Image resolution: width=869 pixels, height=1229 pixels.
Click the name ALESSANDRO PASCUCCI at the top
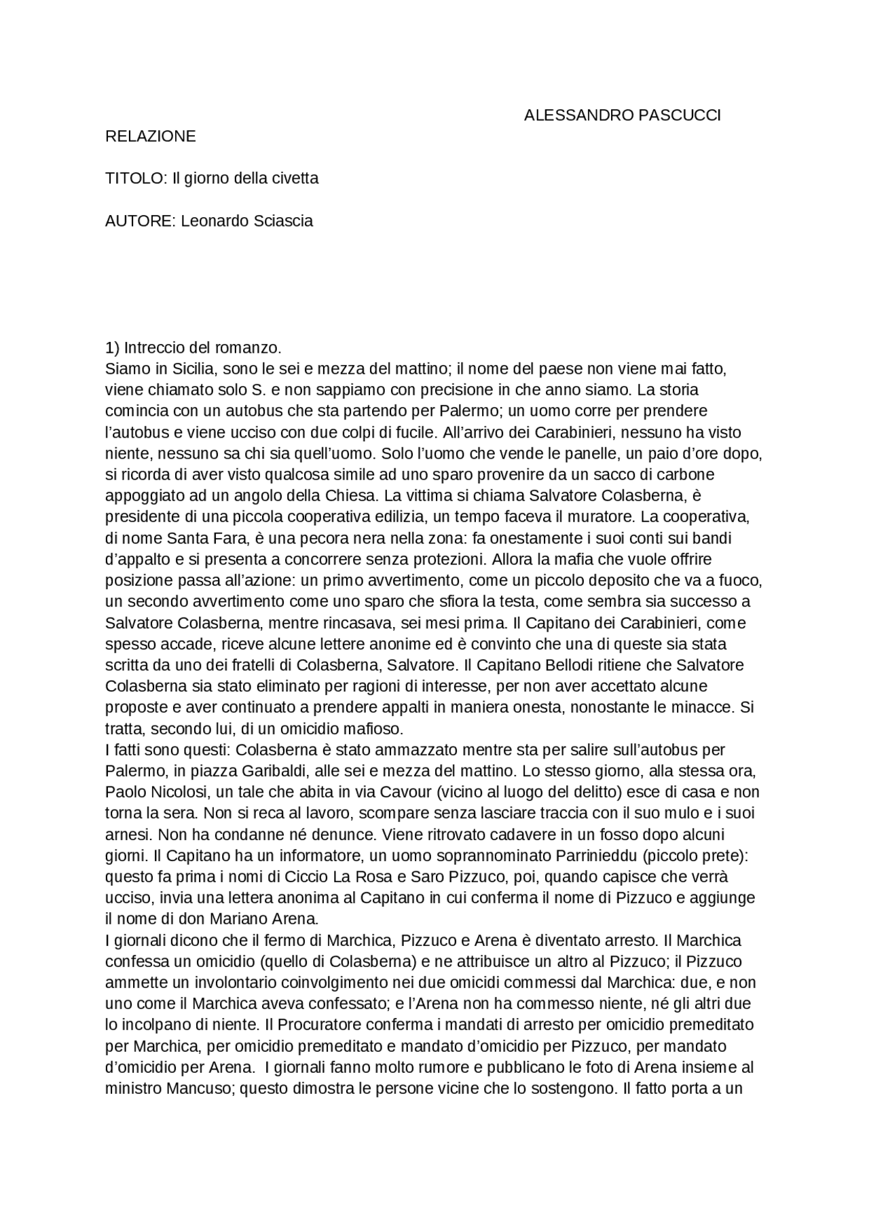(x=622, y=115)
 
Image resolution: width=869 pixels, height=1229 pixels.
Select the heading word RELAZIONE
(x=150, y=136)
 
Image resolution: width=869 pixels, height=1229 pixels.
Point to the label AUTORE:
(x=141, y=221)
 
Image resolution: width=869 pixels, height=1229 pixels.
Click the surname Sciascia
(x=282, y=221)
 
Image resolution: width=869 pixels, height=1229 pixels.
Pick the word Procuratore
(x=320, y=1025)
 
